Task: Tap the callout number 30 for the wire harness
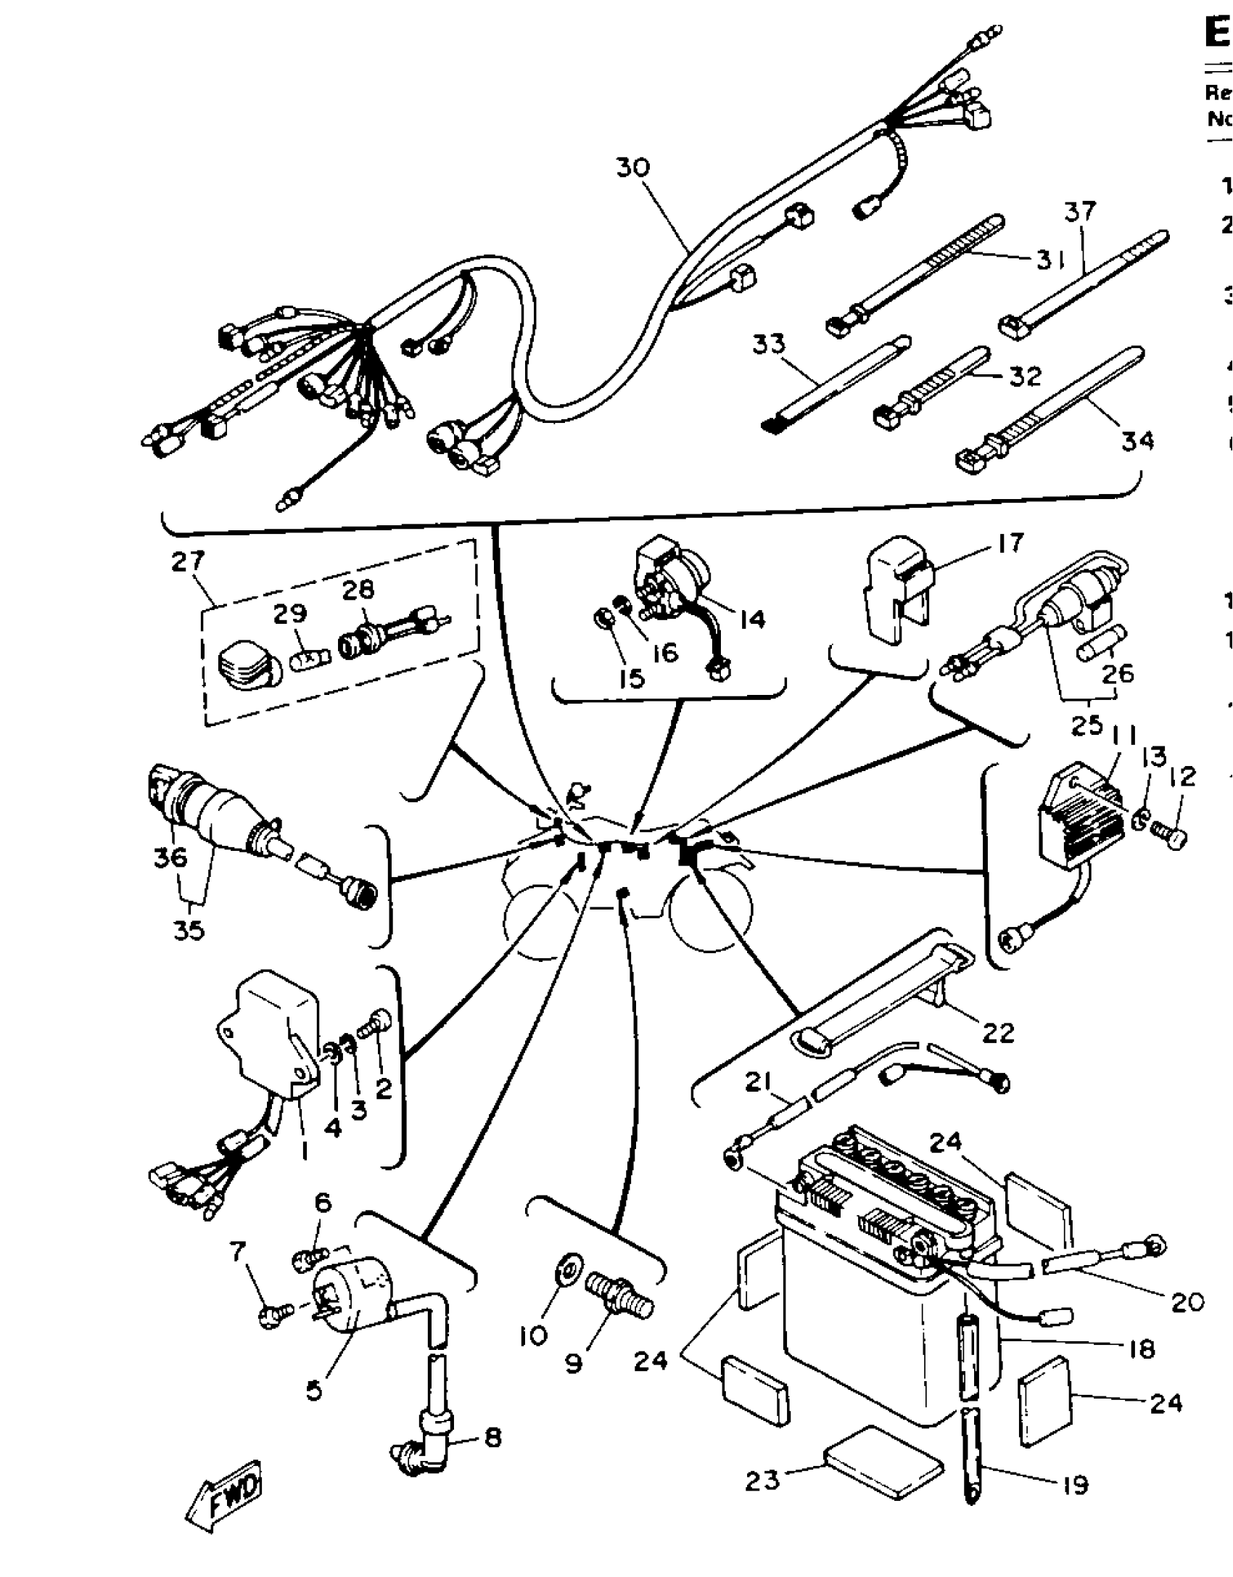pyautogui.click(x=633, y=168)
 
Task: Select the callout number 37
pyautogui.click(x=1080, y=213)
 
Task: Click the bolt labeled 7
pyautogui.click(x=276, y=1314)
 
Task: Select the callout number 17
pyautogui.click(x=1010, y=543)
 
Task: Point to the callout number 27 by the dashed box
pyautogui.click(x=189, y=561)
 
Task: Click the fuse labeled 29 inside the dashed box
pyautogui.click(x=311, y=640)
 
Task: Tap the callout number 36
pyautogui.click(x=170, y=857)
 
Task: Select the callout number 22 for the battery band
pyautogui.click(x=997, y=1032)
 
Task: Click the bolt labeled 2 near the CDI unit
pyautogui.click(x=380, y=1022)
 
